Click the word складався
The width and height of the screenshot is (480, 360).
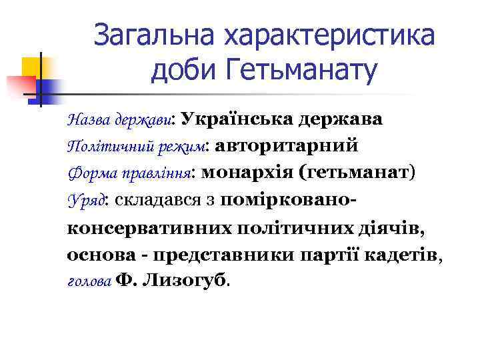coord(157,199)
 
